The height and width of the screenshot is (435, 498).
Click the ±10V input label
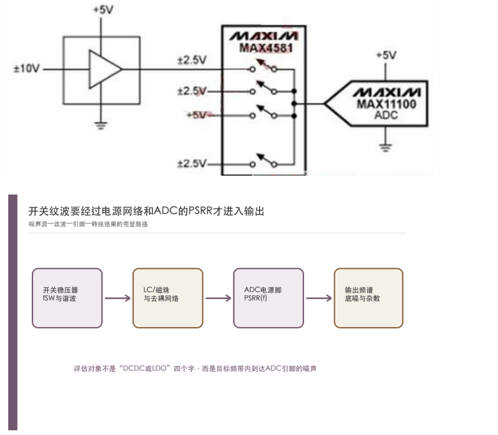(x=27, y=68)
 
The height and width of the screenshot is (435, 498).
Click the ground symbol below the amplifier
(x=101, y=126)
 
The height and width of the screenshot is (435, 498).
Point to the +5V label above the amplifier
(x=104, y=10)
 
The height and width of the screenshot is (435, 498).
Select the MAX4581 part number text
(x=266, y=48)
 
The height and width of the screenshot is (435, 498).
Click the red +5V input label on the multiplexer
(x=197, y=115)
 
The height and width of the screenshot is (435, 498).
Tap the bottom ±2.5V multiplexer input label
(x=192, y=163)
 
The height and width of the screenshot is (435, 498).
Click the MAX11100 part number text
(x=386, y=104)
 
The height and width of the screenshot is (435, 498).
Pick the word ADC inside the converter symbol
(x=386, y=115)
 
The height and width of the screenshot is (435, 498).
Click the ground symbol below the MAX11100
(x=385, y=148)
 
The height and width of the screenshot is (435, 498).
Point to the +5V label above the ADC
(x=386, y=55)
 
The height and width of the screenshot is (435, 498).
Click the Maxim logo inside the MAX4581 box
(x=264, y=36)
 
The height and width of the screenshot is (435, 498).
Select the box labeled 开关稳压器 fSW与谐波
(x=67, y=298)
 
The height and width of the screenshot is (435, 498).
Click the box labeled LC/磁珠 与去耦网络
(x=168, y=298)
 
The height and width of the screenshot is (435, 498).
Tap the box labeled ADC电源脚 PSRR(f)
(x=268, y=298)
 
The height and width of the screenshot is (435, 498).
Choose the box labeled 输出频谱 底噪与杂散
(x=368, y=298)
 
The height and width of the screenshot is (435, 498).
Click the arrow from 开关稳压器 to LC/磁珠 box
(x=117, y=298)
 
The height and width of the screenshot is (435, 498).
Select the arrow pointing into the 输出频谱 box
(x=319, y=298)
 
